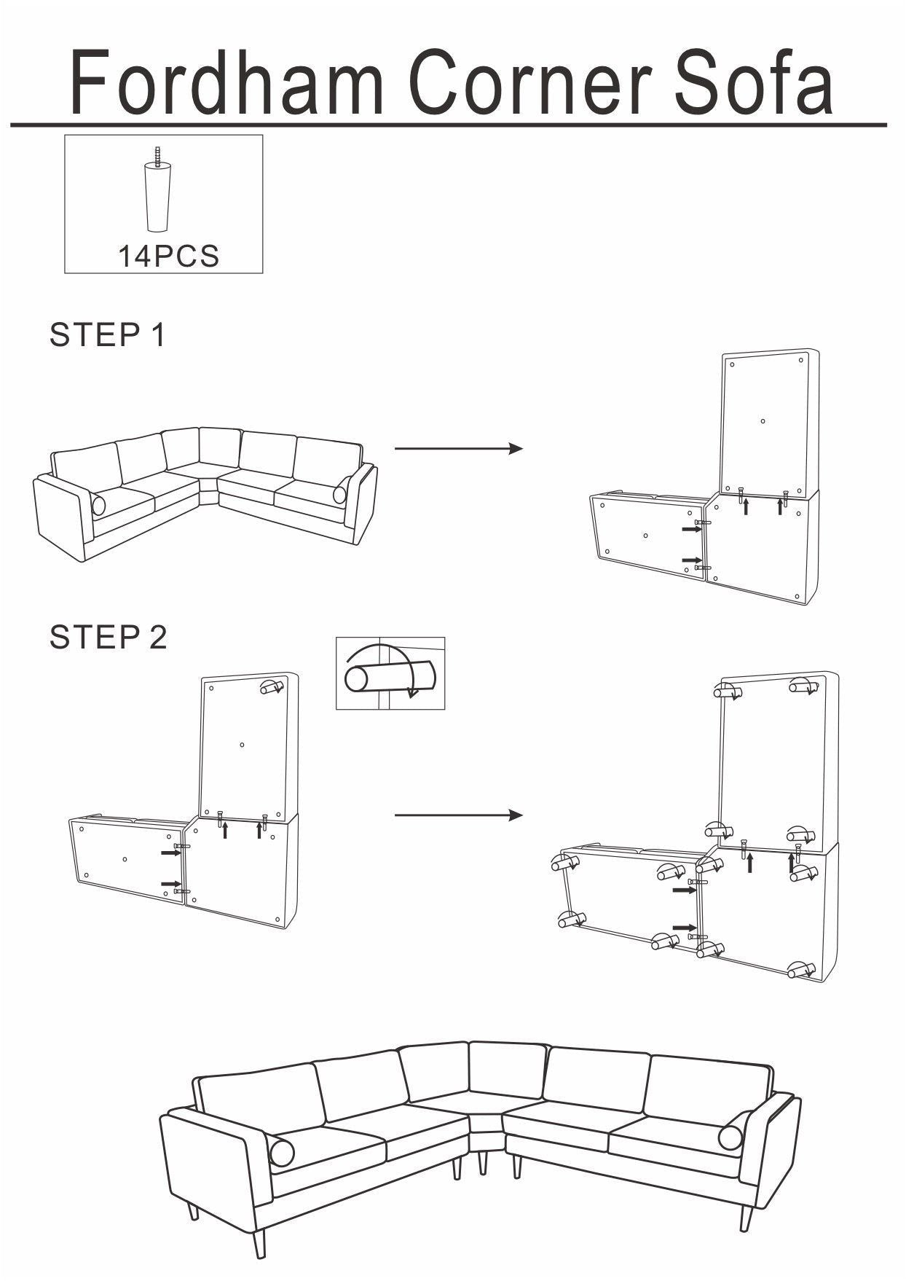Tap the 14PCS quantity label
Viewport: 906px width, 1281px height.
(168, 256)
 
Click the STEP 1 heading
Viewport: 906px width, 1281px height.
(108, 334)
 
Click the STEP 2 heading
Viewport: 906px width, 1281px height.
(108, 637)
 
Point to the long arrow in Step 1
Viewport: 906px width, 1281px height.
(458, 448)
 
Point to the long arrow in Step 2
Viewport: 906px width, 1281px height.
(458, 815)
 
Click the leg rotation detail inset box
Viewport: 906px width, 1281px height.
(390, 673)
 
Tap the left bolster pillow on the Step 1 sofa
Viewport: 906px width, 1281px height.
(98, 505)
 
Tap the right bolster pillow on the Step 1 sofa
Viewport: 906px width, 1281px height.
(340, 495)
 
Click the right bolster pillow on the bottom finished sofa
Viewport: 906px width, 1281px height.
(730, 1137)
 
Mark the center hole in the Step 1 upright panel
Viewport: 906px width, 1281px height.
(763, 421)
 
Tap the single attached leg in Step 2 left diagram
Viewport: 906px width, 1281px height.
(271, 687)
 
